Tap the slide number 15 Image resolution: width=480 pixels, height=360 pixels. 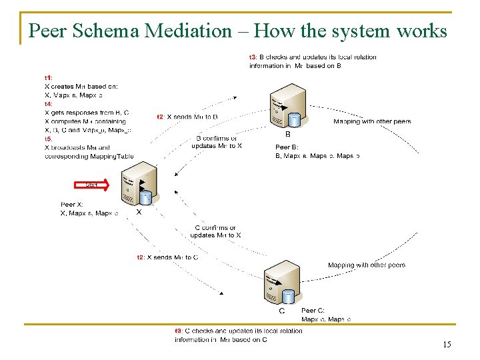pos(447,345)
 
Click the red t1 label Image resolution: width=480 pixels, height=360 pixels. pos(49,78)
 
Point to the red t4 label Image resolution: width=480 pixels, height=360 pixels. pos(49,104)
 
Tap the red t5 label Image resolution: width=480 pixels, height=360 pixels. pos(49,139)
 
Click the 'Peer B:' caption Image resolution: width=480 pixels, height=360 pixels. pos(287,147)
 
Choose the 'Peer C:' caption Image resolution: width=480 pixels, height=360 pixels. pos(313,311)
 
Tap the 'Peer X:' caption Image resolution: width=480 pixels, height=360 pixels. pos(72,205)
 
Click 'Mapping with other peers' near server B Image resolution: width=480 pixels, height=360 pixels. pos(372,121)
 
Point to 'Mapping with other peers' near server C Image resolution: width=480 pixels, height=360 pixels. pos(367,265)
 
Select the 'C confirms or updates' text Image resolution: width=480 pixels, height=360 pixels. pos(215,231)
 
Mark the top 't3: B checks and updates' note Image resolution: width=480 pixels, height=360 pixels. pos(312,61)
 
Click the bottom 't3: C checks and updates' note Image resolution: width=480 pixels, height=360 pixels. pos(238,335)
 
